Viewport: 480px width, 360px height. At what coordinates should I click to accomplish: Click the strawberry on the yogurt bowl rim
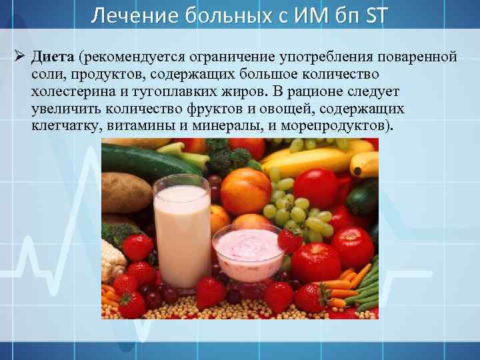pos(289,240)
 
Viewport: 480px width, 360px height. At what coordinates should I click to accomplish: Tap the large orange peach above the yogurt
pos(245,189)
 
